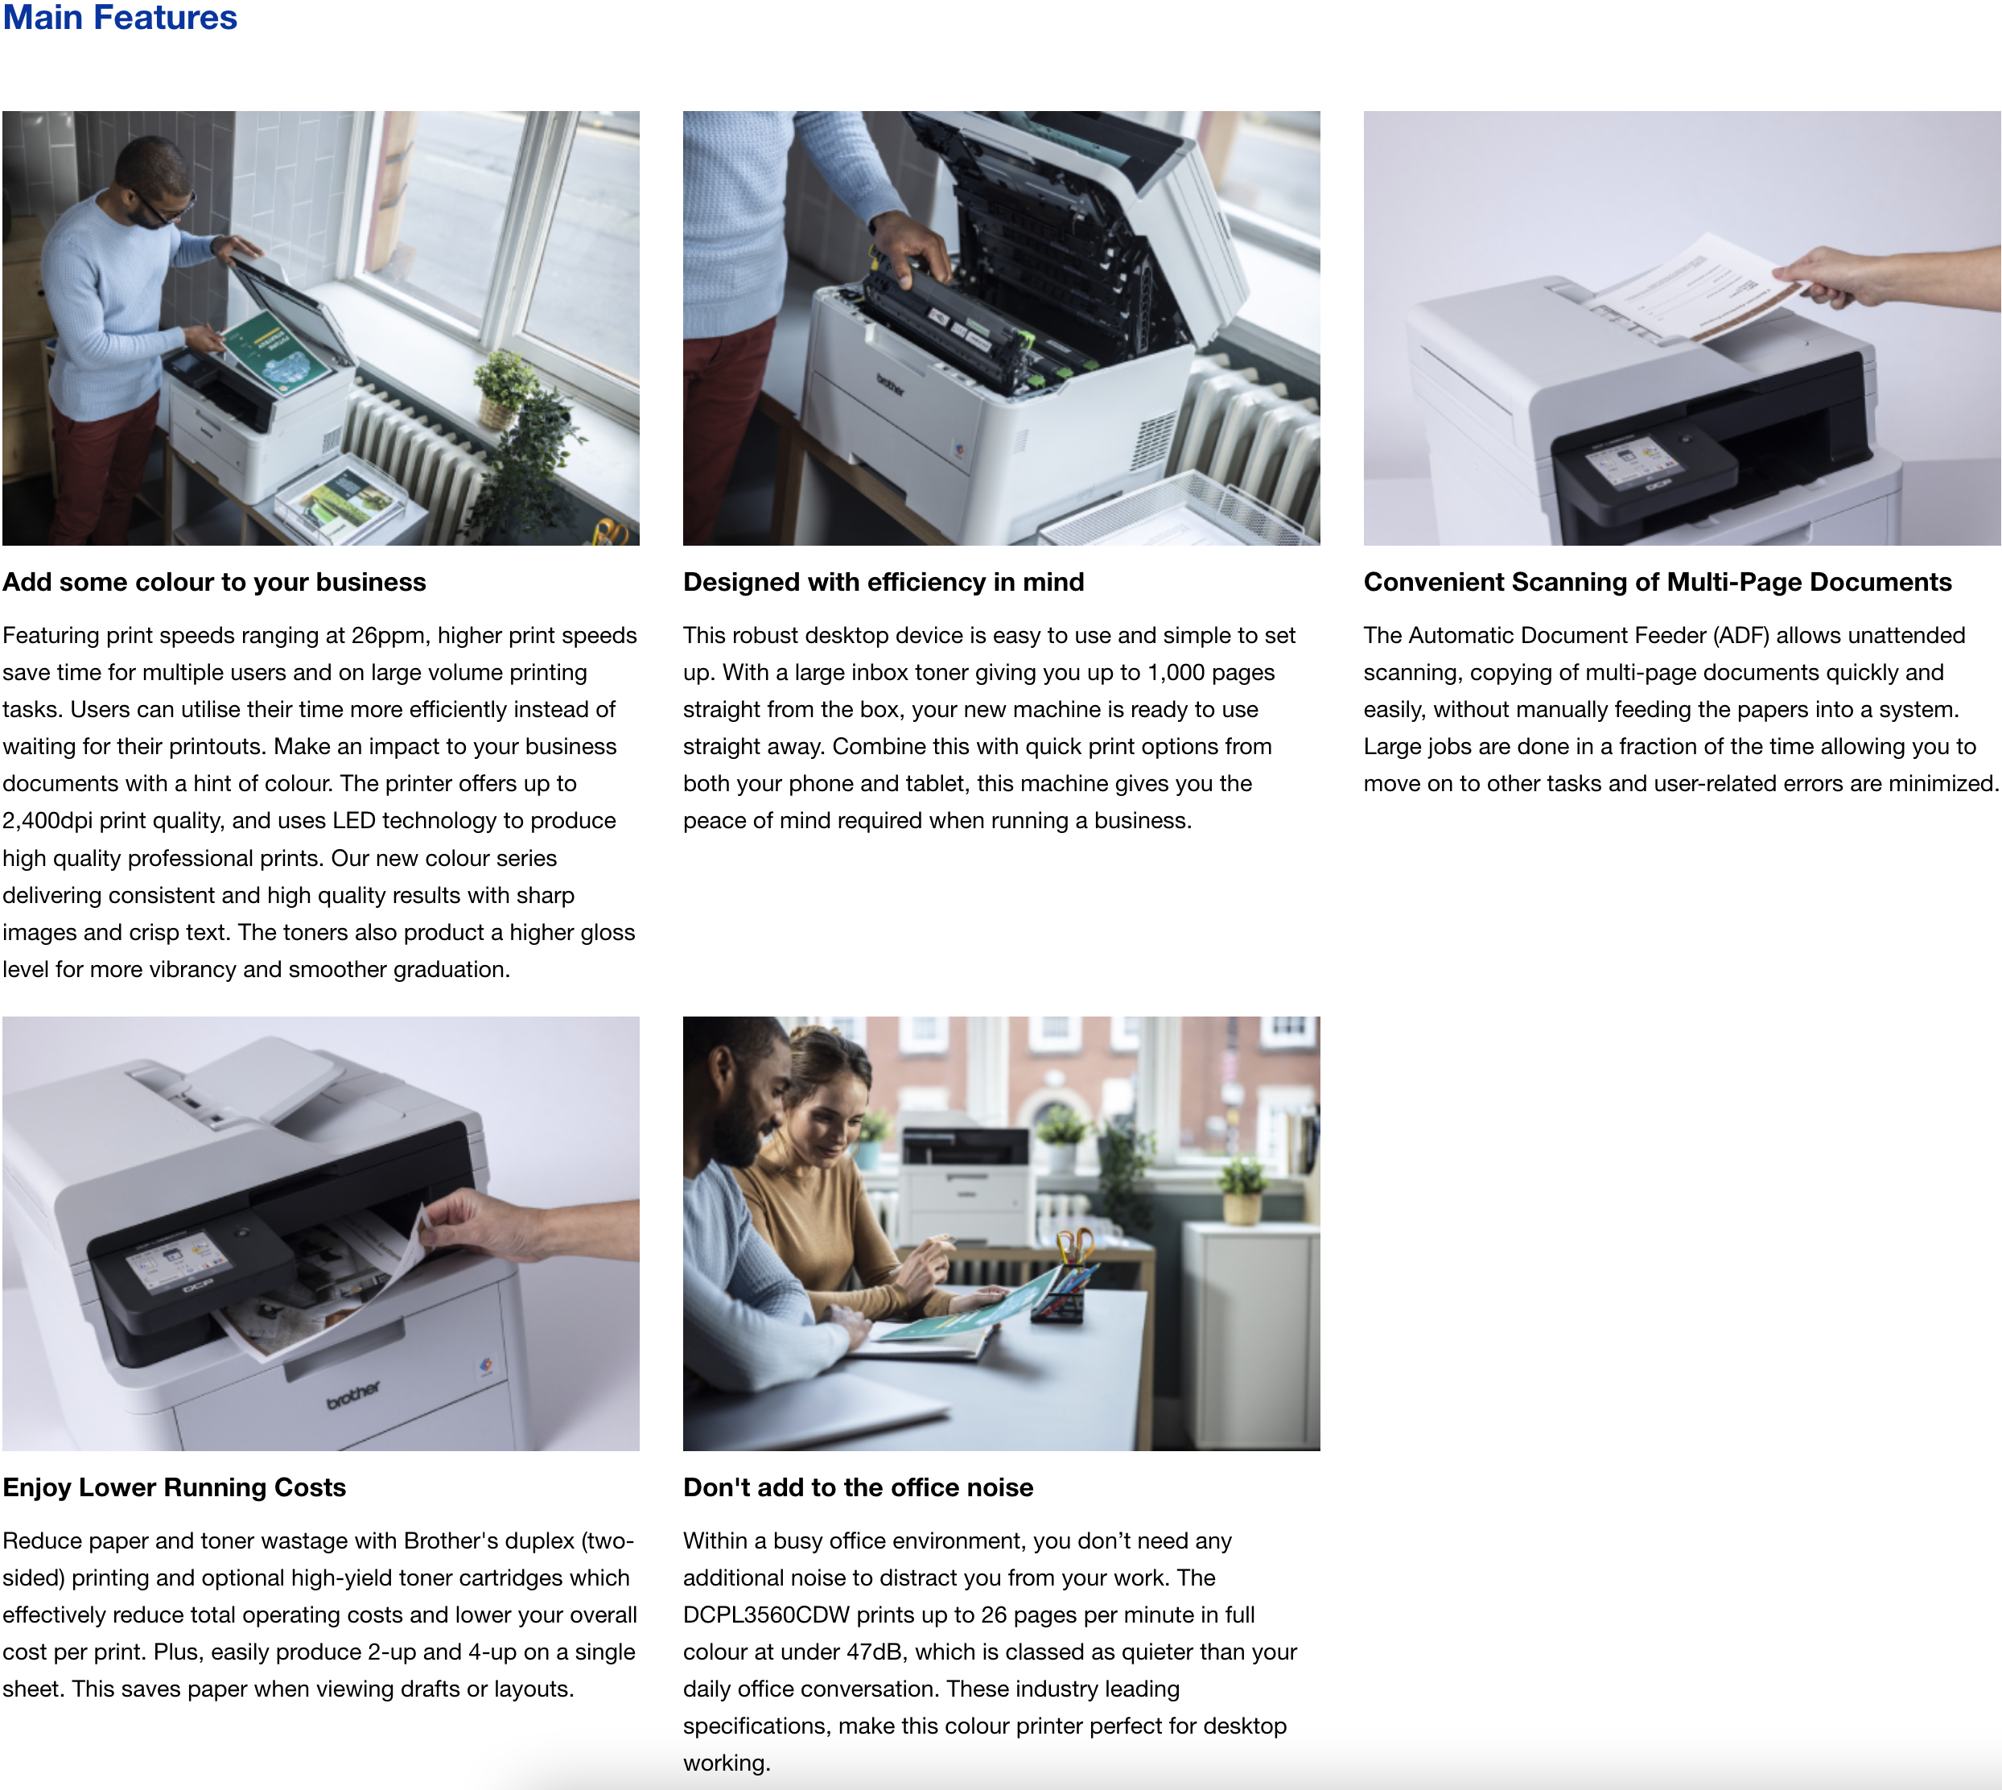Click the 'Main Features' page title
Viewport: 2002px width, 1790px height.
coord(119,17)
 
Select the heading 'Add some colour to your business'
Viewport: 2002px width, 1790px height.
coord(214,582)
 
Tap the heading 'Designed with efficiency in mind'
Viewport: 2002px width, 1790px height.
coord(883,582)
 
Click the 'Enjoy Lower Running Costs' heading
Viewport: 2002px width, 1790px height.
coord(174,1487)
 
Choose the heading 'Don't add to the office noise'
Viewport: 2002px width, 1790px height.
coord(858,1487)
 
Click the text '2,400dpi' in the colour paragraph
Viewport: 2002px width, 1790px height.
coord(47,821)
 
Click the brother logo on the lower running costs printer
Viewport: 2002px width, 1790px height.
coord(353,1394)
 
